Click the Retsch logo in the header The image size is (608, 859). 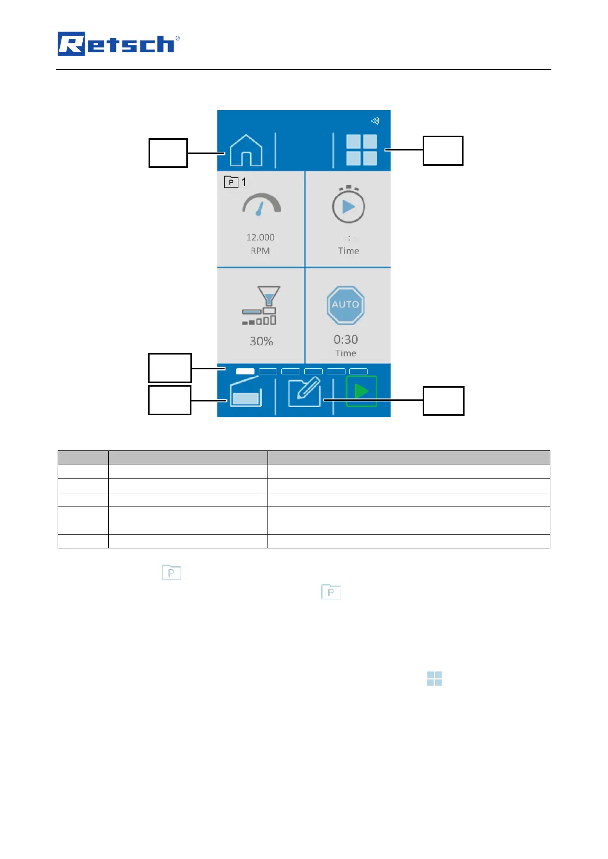[118, 44]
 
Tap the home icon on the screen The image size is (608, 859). [246, 150]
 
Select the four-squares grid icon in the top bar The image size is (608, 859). [361, 150]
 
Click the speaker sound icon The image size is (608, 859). [375, 121]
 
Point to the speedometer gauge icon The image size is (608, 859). [261, 205]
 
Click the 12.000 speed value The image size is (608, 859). [260, 237]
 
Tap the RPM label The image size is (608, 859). [260, 251]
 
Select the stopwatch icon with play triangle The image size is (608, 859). [348, 205]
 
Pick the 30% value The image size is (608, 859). [261, 341]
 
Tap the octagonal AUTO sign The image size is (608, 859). [346, 305]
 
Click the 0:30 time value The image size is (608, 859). [346, 340]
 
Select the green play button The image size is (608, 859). [361, 391]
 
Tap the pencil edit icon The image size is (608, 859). [304, 392]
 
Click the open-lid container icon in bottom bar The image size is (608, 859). [246, 393]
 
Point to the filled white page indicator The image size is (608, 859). [245, 371]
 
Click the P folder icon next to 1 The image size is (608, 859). [231, 182]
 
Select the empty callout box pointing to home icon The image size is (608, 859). [168, 153]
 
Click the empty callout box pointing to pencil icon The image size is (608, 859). [443, 400]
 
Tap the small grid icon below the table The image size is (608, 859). [434, 678]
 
